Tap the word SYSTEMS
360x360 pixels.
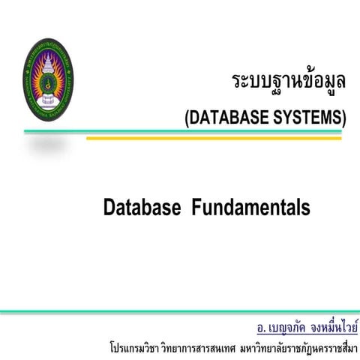308,116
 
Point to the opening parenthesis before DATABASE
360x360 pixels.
187,116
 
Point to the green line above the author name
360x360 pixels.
180,310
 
